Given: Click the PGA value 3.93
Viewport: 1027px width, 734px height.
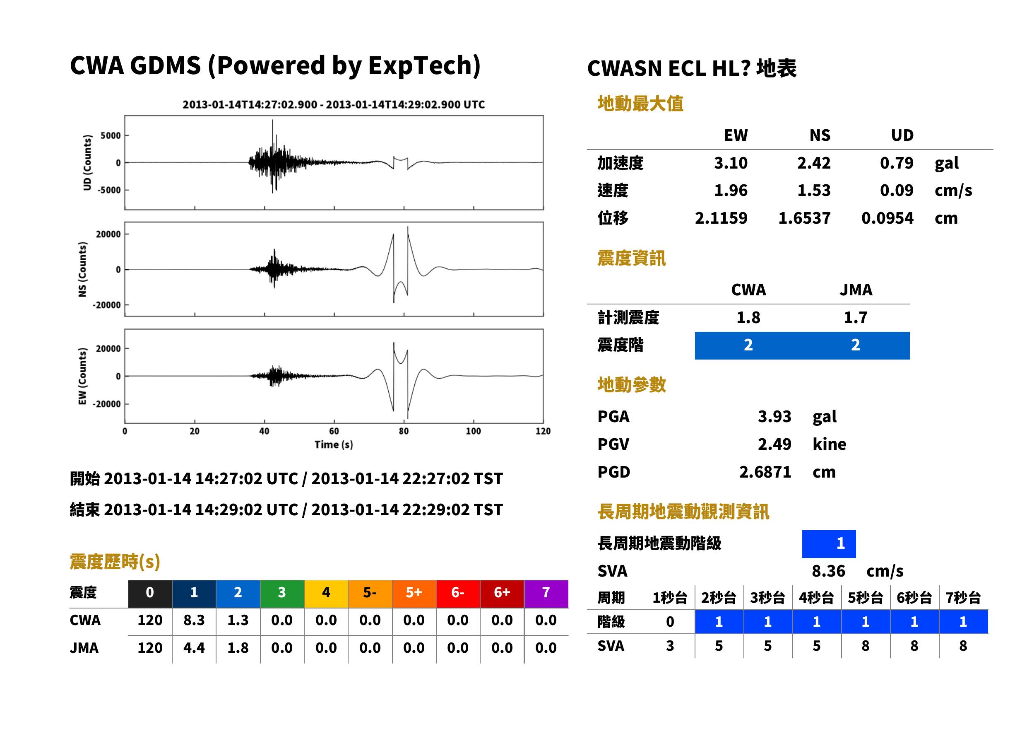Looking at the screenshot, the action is pyautogui.click(x=774, y=416).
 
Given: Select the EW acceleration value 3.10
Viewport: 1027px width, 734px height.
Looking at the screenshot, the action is pyautogui.click(x=730, y=163).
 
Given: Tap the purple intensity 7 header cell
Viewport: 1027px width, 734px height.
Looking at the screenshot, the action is pyautogui.click(x=546, y=592).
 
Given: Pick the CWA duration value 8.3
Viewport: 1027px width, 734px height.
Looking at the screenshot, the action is pyautogui.click(x=194, y=620).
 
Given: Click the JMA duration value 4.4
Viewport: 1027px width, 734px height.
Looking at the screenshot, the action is pyautogui.click(x=194, y=648).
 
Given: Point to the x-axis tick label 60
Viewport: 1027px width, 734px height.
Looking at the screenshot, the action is pyautogui.click(x=334, y=431).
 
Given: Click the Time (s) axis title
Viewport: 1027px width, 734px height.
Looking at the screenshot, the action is pyautogui.click(x=334, y=444).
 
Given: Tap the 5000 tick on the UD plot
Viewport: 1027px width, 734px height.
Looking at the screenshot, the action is pyautogui.click(x=111, y=135).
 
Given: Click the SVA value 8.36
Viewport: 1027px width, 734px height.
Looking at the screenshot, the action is pyautogui.click(x=828, y=571).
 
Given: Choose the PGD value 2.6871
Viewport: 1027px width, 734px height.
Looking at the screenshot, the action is pyautogui.click(x=765, y=472).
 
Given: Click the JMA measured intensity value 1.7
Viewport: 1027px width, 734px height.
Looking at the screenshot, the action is pyautogui.click(x=855, y=317).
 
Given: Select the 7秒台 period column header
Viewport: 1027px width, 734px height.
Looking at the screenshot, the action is pyautogui.click(x=963, y=597).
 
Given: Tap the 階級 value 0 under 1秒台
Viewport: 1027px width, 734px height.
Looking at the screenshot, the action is pyautogui.click(x=670, y=622).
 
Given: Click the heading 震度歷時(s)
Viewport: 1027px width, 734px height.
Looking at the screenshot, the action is pyautogui.click(x=115, y=562).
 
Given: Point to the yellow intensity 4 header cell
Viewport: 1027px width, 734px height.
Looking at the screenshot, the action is pyautogui.click(x=326, y=592).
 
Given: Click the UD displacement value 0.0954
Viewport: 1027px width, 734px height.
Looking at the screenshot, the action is pyautogui.click(x=887, y=218).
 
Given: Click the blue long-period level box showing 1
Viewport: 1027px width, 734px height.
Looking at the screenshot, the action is pyautogui.click(x=829, y=544).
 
